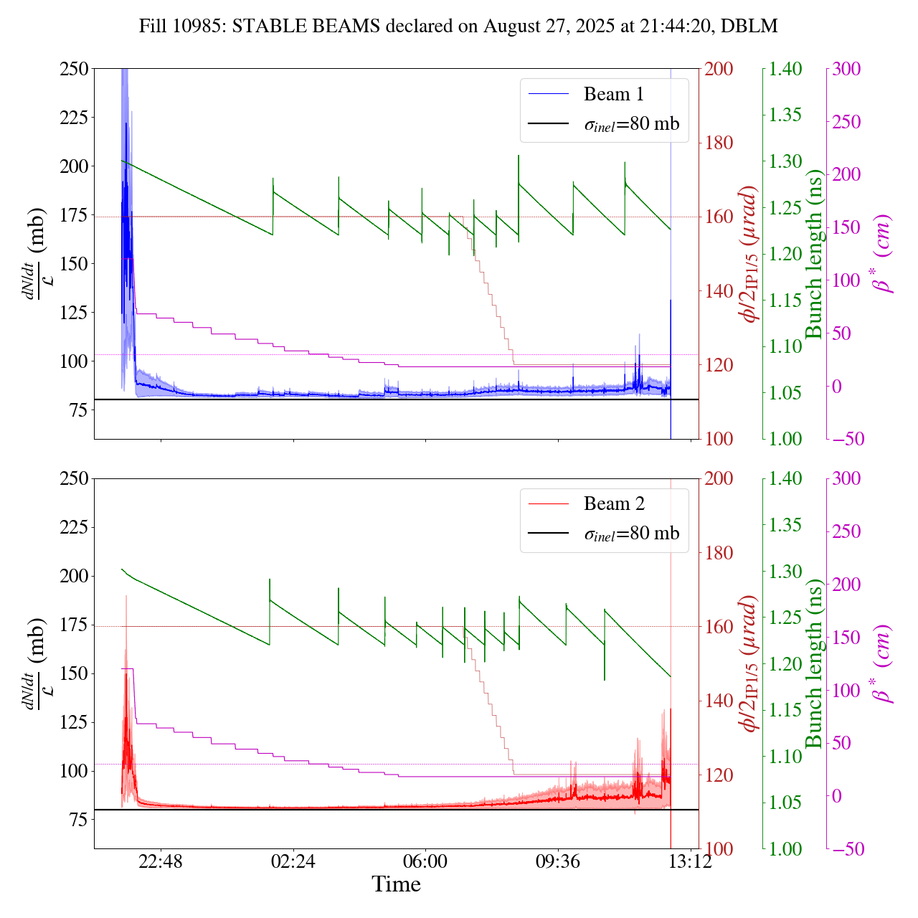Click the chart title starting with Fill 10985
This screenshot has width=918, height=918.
point(458,27)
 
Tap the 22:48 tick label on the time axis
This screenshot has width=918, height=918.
point(161,861)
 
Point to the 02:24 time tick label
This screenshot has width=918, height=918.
point(293,861)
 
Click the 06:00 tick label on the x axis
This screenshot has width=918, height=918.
point(425,861)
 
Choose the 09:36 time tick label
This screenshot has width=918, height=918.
point(558,861)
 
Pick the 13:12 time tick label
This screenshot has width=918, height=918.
point(690,861)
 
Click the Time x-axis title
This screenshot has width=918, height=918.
point(396,884)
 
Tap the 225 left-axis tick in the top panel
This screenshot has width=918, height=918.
point(74,118)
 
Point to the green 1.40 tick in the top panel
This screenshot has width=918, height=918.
point(786,69)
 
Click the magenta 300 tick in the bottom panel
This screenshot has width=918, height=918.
point(846,479)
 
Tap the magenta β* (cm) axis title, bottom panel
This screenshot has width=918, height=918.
point(881,663)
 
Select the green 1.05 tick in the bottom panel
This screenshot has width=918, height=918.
point(786,803)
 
